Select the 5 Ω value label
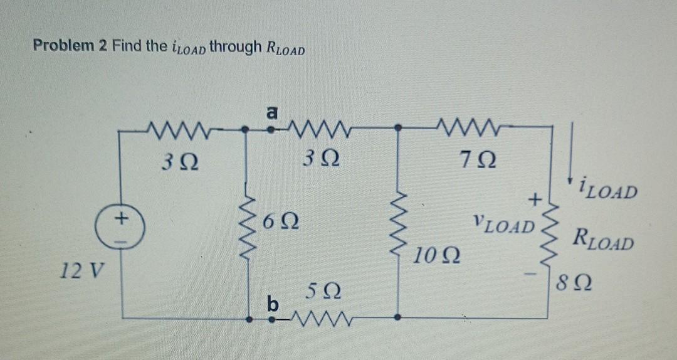click(324, 291)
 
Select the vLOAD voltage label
click(505, 224)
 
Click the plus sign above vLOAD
click(535, 201)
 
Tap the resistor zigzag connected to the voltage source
click(168, 129)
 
